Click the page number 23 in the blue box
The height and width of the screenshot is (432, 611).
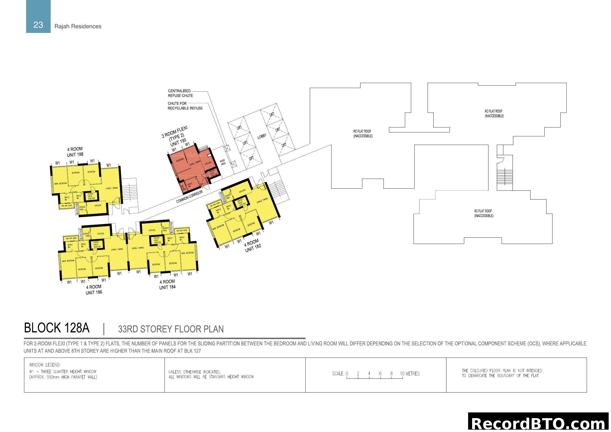pyautogui.click(x=38, y=25)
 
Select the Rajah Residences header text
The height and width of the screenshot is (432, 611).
pyautogui.click(x=78, y=26)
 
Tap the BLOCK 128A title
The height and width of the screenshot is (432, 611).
pyautogui.click(x=57, y=328)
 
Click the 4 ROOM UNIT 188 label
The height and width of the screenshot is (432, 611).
pyautogui.click(x=75, y=152)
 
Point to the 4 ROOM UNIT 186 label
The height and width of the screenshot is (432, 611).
pyautogui.click(x=94, y=289)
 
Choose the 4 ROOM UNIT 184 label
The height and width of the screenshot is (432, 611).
pyautogui.click(x=167, y=284)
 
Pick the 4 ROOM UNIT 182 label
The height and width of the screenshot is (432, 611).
pyautogui.click(x=252, y=246)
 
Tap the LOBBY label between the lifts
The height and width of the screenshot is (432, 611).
pyautogui.click(x=261, y=136)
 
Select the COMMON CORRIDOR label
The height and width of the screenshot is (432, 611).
pyautogui.click(x=189, y=197)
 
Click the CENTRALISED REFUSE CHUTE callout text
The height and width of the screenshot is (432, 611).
pyautogui.click(x=180, y=93)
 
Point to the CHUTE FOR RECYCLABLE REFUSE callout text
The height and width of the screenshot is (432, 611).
pyautogui.click(x=185, y=106)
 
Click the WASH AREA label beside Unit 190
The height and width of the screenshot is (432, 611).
pyautogui.click(x=223, y=162)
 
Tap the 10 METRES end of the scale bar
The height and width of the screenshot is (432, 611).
pyautogui.click(x=409, y=373)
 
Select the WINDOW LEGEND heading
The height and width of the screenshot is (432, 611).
pyautogui.click(x=45, y=365)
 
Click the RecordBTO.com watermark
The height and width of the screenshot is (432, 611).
pyautogui.click(x=539, y=423)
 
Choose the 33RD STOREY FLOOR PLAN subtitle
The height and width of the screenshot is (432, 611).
pyautogui.click(x=171, y=329)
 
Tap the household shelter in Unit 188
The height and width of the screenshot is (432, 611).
pyautogui.click(x=91, y=196)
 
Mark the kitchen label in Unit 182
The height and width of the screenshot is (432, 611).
pyautogui.click(x=242, y=191)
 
